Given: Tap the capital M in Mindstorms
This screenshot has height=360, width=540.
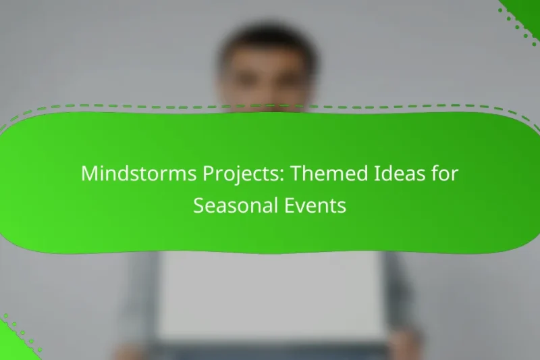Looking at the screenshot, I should point(89,174).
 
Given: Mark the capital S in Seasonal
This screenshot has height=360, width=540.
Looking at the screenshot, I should point(198,206).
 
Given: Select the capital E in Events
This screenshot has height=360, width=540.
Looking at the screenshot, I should point(287,206).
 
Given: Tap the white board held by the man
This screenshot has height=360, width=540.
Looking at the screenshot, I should point(270,290).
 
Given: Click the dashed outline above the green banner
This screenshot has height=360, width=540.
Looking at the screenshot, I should point(270,106).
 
